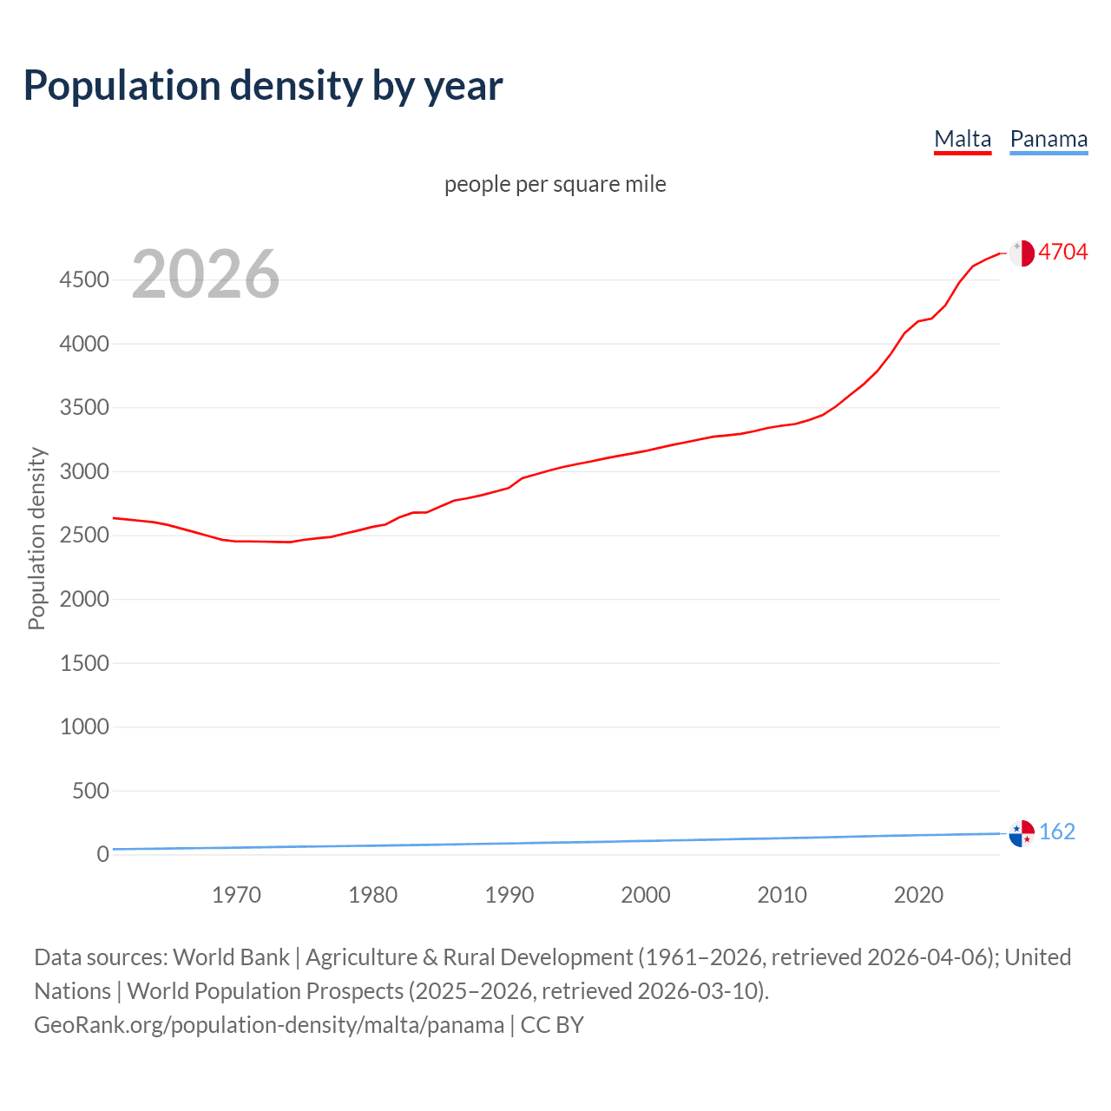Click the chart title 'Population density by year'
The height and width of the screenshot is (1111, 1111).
pos(263,86)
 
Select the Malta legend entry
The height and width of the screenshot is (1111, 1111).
pos(962,139)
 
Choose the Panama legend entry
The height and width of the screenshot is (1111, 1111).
pos(1049,139)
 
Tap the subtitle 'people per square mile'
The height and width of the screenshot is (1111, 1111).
pos(555,185)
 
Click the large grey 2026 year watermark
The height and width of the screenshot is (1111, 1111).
pos(206,274)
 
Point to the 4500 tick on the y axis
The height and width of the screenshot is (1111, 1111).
pos(84,280)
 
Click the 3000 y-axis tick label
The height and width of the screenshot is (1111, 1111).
pos(84,472)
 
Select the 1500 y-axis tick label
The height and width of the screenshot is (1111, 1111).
pos(84,664)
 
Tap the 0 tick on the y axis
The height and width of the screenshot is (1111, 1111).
pos(102,855)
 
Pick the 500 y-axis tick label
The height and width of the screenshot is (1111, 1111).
pos(90,791)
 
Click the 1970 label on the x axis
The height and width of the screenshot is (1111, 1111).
pos(236,895)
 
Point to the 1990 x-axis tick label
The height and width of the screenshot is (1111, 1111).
pos(509,895)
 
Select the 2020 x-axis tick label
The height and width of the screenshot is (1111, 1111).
pos(918,895)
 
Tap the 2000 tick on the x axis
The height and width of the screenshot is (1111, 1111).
pos(646,895)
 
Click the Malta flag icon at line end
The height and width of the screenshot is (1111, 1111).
pos(1022,253)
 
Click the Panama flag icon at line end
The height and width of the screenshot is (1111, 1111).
pos(1022,832)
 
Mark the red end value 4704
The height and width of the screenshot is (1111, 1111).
pos(1062,253)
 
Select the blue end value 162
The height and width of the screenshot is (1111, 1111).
pos(1056,832)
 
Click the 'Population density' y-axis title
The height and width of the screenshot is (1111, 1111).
pos(36,538)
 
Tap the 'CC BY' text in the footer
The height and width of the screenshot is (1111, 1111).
pos(552,1025)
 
